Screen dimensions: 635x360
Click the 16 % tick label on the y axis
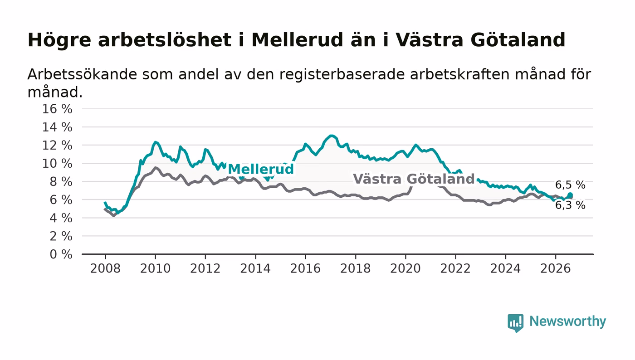57,109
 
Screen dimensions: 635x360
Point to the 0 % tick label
61,254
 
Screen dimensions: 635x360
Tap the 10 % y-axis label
57,164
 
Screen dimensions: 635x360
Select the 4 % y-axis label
61,218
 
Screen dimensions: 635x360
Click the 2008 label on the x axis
105,269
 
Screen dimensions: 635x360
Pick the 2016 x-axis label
305,269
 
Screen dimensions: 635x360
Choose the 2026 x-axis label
555,269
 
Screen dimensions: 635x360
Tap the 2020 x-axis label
405,269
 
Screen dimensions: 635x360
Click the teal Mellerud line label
260,169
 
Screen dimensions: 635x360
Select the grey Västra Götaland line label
414,179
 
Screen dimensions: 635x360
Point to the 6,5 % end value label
570,185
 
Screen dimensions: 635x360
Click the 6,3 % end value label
570,205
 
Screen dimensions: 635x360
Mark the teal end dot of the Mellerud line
570,195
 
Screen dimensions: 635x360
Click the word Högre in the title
59,40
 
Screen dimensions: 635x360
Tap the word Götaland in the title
518,40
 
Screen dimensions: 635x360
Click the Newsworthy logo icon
515,322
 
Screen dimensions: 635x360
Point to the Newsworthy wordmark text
567,322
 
